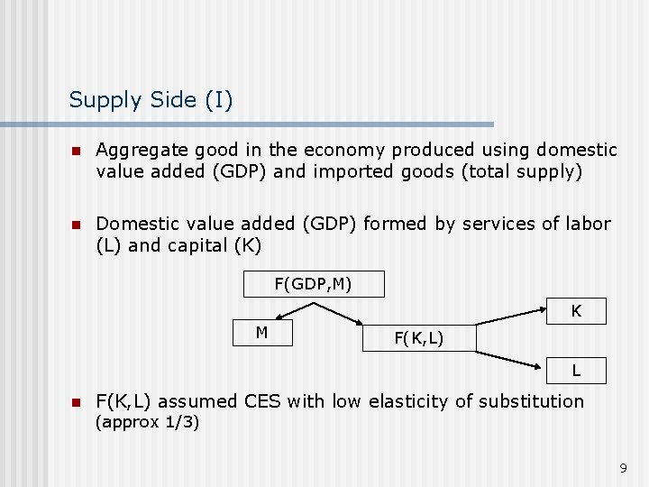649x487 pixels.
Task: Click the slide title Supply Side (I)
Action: tap(151, 99)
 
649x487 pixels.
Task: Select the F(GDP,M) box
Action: tap(314, 285)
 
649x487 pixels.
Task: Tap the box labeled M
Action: tap(261, 333)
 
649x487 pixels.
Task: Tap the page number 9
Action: tap(623, 467)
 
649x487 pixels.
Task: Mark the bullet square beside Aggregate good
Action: tap(78, 151)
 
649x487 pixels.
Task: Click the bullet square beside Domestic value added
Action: tap(78, 225)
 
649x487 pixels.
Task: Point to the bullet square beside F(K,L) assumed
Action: tap(78, 402)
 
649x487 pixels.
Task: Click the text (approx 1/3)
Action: tap(148, 422)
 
